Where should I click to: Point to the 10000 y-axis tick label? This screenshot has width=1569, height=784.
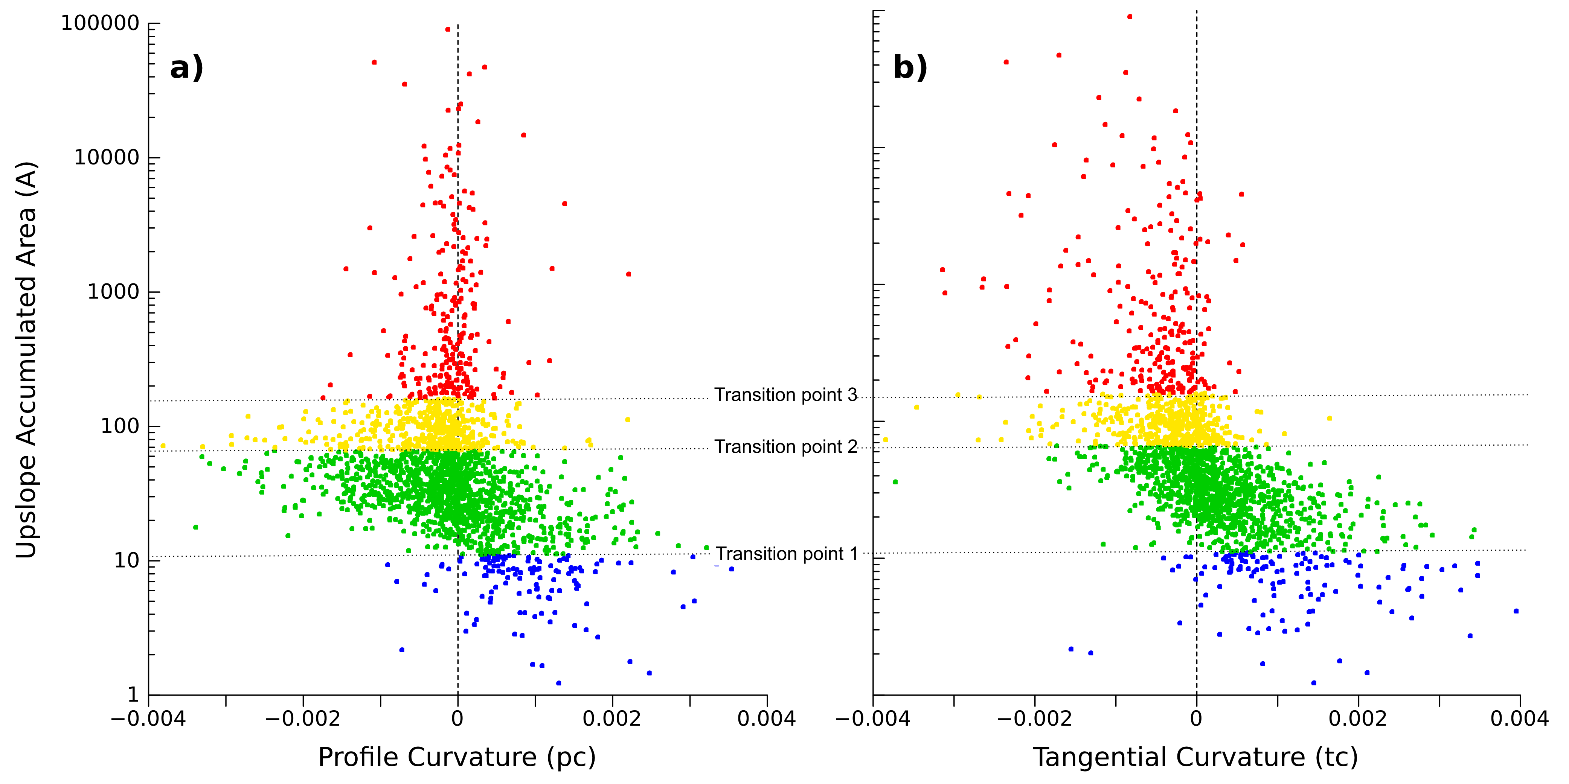[107, 158]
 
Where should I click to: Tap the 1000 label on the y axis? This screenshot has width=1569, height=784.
[113, 292]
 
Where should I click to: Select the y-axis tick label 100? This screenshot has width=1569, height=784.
[120, 426]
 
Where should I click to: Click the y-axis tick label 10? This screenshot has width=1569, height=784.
[127, 560]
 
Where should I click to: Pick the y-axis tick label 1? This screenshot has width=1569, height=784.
[133, 694]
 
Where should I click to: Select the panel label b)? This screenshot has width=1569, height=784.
[910, 68]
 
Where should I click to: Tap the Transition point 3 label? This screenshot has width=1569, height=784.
[786, 395]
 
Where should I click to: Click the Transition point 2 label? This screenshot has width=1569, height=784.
[786, 447]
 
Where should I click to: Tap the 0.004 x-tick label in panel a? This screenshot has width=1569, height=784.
[766, 719]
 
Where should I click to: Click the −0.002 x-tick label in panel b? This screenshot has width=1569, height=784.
[1034, 719]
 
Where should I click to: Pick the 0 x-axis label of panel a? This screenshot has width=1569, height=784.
[457, 719]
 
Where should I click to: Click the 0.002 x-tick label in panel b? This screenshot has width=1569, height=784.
[1358, 719]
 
